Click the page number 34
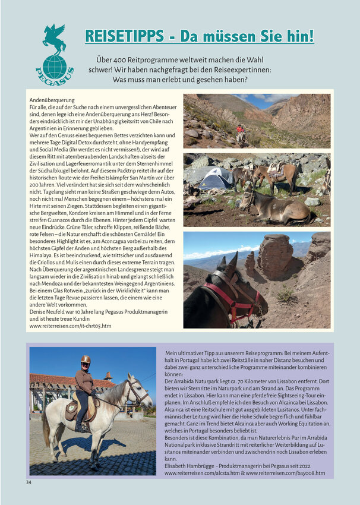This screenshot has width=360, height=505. (29, 482)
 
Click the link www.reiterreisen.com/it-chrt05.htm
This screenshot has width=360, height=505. (70, 326)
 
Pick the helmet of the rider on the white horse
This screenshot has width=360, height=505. (86, 360)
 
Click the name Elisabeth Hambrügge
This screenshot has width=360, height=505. (192, 466)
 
